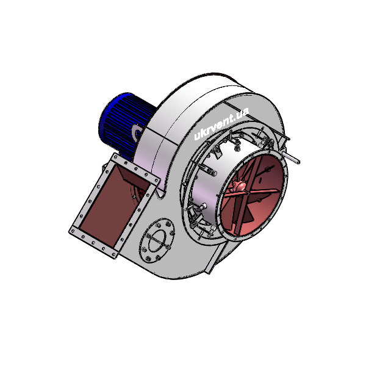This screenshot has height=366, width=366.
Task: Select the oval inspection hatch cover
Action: pos(157,241)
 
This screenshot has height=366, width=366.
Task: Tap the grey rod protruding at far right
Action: pos(292,158)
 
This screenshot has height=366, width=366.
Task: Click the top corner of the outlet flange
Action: pos(115,154)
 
